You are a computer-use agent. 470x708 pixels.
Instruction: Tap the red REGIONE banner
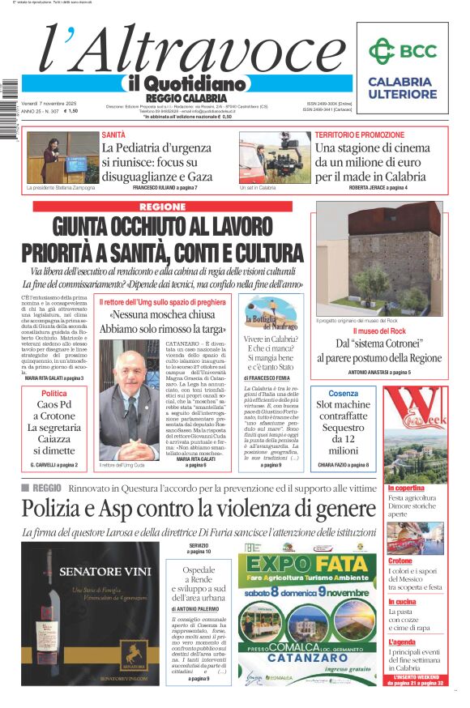pyautogui.click(x=162, y=207)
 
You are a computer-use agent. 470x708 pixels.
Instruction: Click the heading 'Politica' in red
pyautogui.click(x=54, y=394)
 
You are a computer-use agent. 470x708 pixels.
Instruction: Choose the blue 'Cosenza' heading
pyautogui.click(x=343, y=393)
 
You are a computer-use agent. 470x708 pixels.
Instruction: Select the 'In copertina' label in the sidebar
pyautogui.click(x=406, y=488)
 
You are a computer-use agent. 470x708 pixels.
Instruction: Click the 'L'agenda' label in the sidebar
pyautogui.click(x=402, y=642)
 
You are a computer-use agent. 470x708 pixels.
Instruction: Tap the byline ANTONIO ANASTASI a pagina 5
pyautogui.click(x=379, y=372)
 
